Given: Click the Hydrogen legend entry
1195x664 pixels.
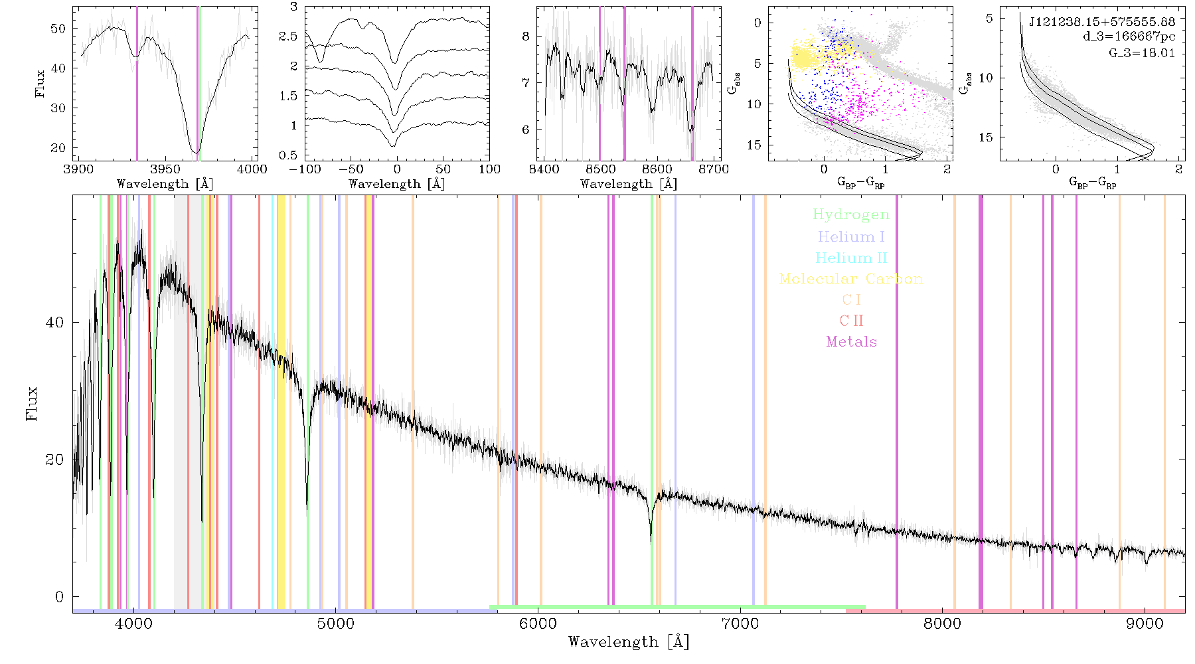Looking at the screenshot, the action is pyautogui.click(x=850, y=214).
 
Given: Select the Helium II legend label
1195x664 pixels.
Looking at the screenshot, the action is pyautogui.click(x=851, y=258).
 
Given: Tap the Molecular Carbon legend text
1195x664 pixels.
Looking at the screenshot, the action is pyautogui.click(x=851, y=279).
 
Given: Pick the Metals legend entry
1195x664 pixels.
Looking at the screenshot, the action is pyautogui.click(x=851, y=342).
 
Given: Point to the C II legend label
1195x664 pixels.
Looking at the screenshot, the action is pyautogui.click(x=851, y=321).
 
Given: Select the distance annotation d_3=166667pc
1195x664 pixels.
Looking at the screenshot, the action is pyautogui.click(x=1129, y=37).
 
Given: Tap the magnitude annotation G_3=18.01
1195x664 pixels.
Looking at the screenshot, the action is pyautogui.click(x=1142, y=52).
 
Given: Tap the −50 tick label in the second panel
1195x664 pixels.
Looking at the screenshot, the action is pyautogui.click(x=351, y=169).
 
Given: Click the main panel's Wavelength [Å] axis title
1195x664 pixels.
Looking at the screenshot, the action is pyautogui.click(x=629, y=642).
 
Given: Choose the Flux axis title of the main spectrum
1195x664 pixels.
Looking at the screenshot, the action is pyautogui.click(x=31, y=404).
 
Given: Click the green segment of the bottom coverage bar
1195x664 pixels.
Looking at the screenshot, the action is pyautogui.click(x=677, y=607).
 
